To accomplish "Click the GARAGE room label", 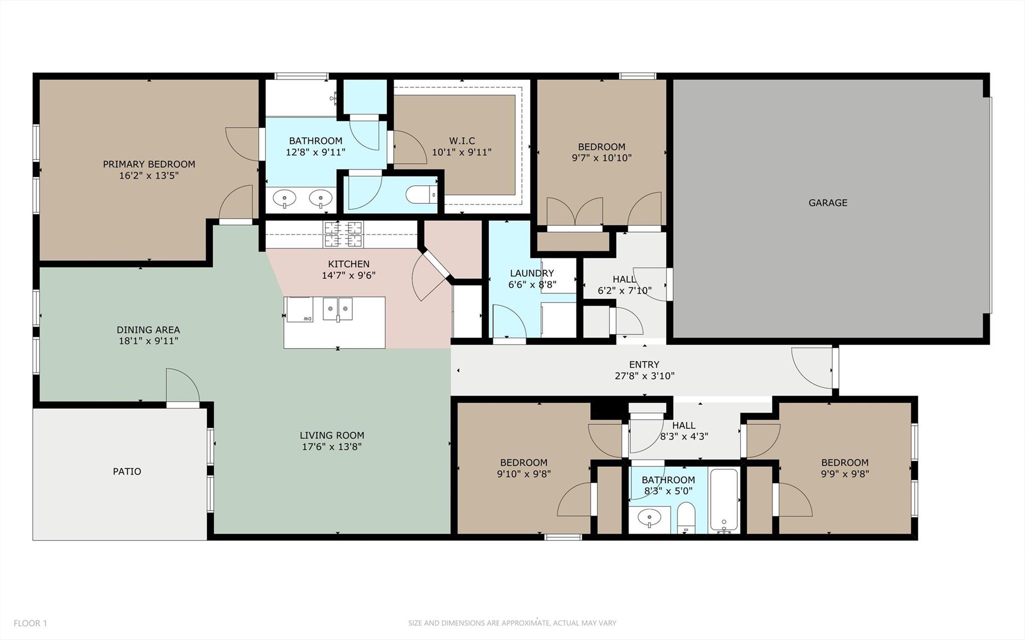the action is (828, 203).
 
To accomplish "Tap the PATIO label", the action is (127, 471).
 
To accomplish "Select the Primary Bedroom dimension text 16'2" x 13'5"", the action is (149, 175).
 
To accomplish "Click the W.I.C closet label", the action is (462, 141).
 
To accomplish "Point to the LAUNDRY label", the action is (532, 273).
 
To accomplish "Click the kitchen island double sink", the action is (337, 309).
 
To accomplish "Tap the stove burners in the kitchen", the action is (344, 234).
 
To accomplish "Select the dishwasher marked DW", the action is (299, 309).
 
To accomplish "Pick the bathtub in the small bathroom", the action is (724, 501).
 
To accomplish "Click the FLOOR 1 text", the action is (30, 623).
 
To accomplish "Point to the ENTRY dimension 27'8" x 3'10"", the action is (644, 376).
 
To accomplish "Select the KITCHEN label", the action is (349, 264).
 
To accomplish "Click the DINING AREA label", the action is (148, 330).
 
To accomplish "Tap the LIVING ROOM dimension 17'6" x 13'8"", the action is (331, 447).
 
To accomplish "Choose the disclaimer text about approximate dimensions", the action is (512, 623).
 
